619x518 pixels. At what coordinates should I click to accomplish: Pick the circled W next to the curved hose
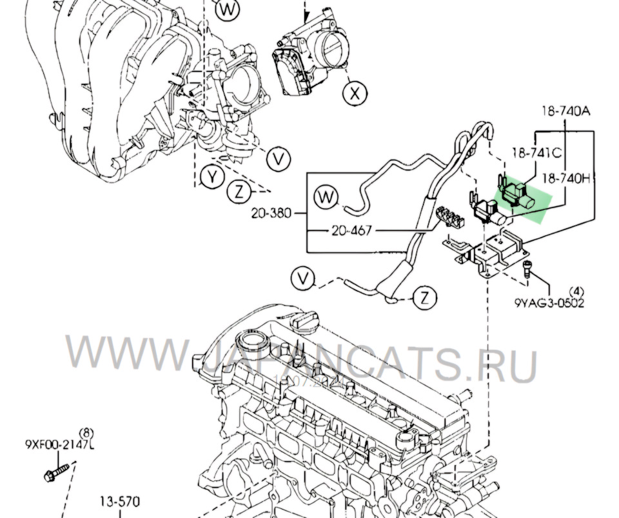pos(326,197)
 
